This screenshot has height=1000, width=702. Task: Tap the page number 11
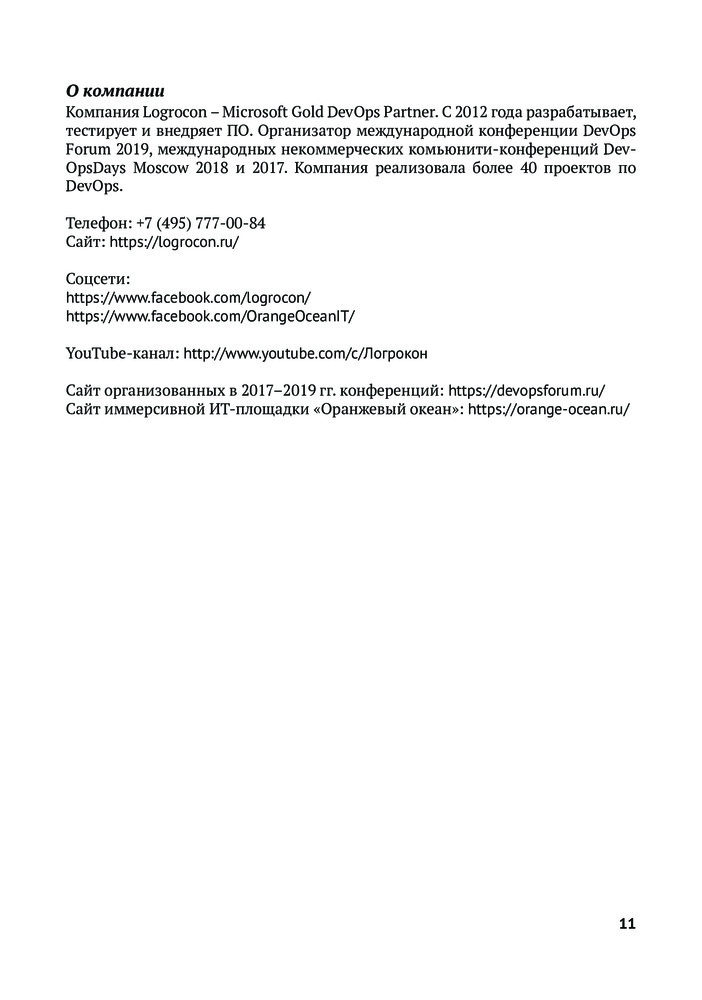(627, 923)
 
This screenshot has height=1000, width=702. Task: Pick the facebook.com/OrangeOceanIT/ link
(210, 315)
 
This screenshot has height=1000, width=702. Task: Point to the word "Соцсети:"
(98, 278)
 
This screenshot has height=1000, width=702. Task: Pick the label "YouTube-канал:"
(122, 353)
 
